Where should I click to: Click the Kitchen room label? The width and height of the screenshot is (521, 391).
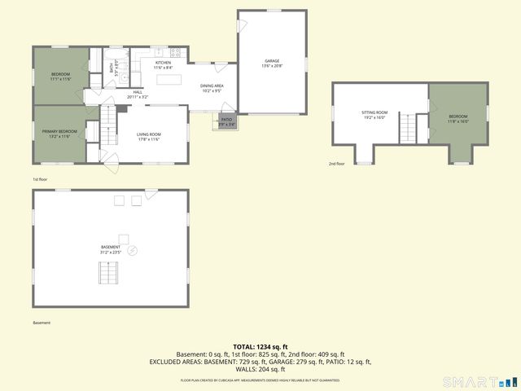point(163,63)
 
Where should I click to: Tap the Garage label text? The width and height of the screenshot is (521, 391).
point(271,61)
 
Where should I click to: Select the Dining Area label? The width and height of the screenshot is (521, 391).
point(212,86)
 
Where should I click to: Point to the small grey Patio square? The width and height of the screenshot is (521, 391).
point(225,121)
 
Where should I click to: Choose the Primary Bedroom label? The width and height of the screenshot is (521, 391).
point(60,131)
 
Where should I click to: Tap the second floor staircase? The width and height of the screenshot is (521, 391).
point(422,127)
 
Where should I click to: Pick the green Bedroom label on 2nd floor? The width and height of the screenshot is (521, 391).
point(458,116)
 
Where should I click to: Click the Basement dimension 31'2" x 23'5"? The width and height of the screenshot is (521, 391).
point(111,253)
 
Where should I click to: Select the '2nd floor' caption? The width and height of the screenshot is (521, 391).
point(337,164)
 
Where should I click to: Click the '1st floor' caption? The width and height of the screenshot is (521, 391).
point(40,179)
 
